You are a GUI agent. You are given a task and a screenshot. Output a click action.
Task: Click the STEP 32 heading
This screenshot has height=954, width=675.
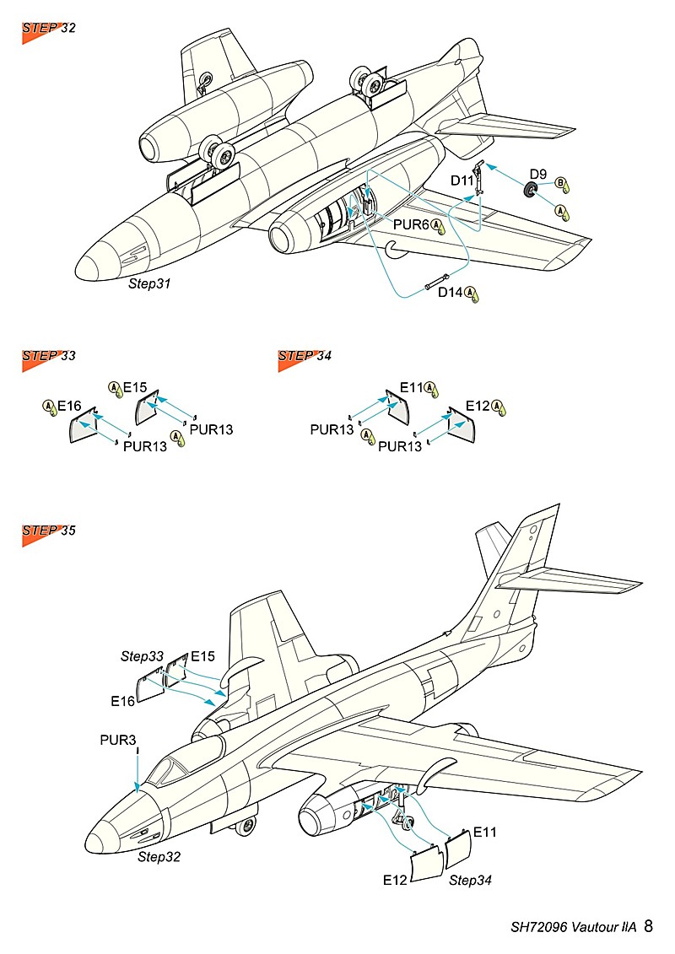[49, 29]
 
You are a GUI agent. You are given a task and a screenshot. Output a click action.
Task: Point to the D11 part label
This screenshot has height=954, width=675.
[462, 181]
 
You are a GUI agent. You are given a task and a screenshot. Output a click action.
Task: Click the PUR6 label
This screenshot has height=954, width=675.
[413, 225]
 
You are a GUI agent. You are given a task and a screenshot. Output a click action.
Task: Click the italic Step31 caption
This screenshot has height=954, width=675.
[149, 284]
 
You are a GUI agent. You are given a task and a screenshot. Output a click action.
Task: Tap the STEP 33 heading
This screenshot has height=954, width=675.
[49, 356]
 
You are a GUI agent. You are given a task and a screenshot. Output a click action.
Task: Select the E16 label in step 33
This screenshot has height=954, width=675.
[69, 407]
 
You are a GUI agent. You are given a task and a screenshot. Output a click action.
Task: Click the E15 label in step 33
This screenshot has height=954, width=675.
[135, 388]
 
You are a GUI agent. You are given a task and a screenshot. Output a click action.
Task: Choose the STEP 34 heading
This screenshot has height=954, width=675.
[305, 356]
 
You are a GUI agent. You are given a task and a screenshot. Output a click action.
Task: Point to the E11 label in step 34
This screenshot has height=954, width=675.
[411, 388]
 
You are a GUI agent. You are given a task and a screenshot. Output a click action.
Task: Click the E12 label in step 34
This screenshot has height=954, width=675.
[478, 407]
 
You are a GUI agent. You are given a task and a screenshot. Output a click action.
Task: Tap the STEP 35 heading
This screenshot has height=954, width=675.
[49, 531]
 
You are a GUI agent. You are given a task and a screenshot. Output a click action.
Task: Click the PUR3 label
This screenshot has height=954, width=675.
[117, 741]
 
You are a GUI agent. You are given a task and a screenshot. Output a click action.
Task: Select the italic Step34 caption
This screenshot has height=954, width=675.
[470, 881]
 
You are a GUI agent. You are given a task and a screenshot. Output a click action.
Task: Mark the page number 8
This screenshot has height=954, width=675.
[648, 926]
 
